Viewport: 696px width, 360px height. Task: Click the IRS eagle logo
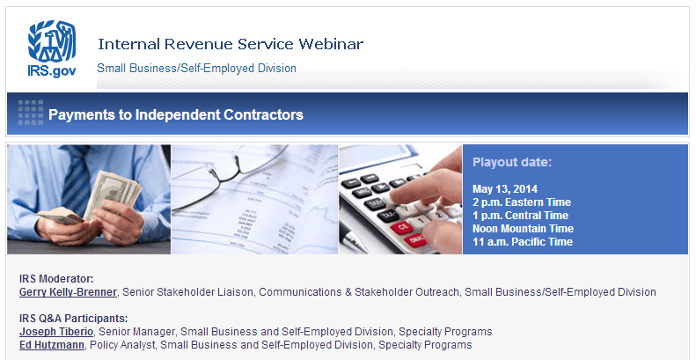coord(52,40)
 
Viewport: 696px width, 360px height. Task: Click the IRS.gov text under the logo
coord(52,71)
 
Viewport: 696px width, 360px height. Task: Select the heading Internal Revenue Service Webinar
coord(231,44)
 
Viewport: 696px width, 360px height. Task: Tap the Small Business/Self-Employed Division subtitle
coord(196,69)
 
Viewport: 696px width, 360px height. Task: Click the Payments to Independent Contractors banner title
coord(176,114)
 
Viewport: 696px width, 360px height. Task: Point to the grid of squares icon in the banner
coord(31,113)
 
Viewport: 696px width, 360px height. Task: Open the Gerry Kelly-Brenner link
coord(68,292)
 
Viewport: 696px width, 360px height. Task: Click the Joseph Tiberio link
coord(56,332)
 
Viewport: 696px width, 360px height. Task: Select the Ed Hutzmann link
coord(52,345)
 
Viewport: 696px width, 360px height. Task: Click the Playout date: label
coord(512,163)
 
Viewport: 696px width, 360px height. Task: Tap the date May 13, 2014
coord(505,189)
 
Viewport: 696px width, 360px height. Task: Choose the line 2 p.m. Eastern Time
coord(522,202)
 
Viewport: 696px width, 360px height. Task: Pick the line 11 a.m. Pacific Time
coord(523,242)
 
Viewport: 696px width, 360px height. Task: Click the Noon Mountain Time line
coord(523,229)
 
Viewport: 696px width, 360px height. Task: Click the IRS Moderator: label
coord(56,279)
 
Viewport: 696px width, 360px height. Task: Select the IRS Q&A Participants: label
coord(73,319)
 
